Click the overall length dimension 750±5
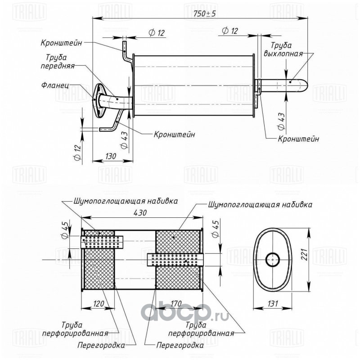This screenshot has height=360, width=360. (x=205, y=14)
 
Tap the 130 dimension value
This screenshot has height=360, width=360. (x=111, y=156)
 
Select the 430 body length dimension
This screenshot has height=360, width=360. (x=140, y=212)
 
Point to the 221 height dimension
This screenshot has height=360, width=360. (x=304, y=254)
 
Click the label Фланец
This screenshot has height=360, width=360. (x=55, y=85)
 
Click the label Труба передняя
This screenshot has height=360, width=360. (x=58, y=61)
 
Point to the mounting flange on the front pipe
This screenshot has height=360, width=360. (x=99, y=100)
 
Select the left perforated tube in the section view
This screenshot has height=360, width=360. (x=102, y=242)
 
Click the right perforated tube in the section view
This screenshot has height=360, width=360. (x=175, y=260)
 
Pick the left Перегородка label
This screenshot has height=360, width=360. (x=101, y=345)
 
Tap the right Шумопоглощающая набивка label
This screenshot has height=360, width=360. (x=261, y=204)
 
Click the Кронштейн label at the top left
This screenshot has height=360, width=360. (x=62, y=43)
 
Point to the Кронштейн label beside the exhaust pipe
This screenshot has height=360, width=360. (x=298, y=139)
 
